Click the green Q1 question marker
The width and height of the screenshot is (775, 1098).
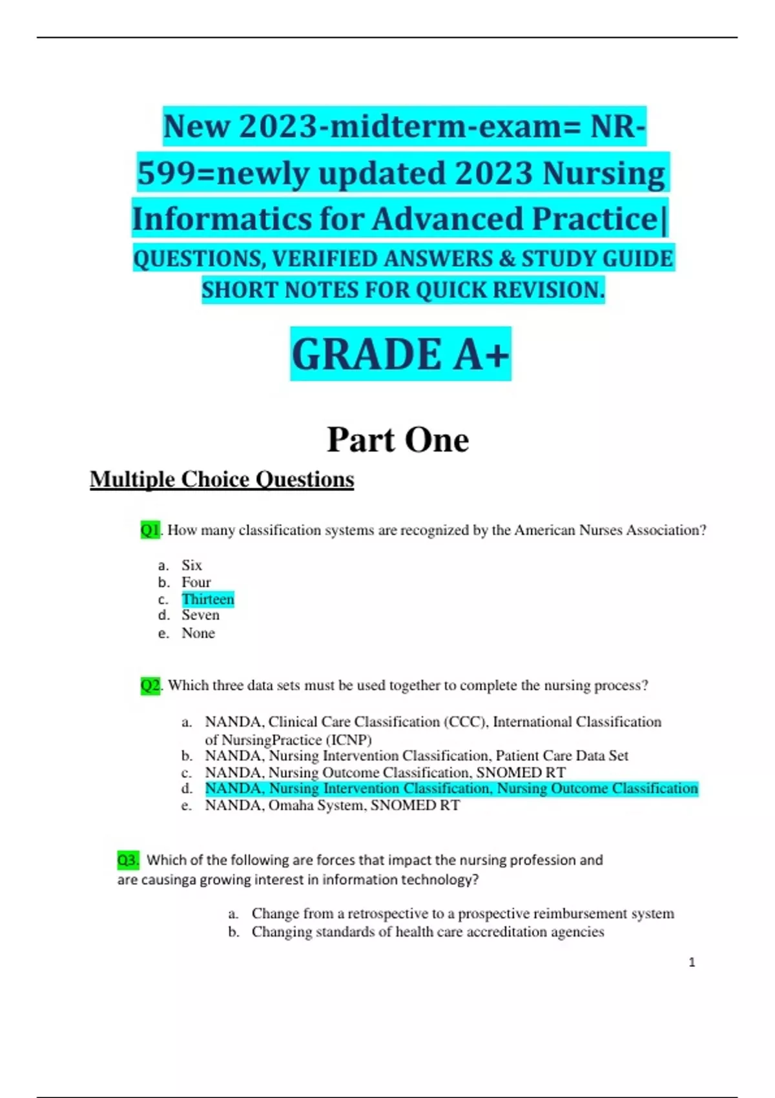(x=150, y=530)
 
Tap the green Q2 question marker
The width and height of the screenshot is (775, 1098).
(x=150, y=685)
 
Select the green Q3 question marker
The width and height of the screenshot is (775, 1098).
(x=128, y=860)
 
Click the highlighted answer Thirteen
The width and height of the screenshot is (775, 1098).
(x=208, y=599)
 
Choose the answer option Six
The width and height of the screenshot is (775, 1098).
(x=192, y=565)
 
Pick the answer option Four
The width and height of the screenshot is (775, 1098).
(x=196, y=582)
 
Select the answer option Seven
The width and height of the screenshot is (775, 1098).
(x=200, y=616)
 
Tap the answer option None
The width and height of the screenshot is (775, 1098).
(x=198, y=633)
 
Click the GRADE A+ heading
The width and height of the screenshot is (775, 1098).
(x=400, y=354)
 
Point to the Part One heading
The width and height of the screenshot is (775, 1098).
(x=398, y=440)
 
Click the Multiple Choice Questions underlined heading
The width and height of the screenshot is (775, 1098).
(x=222, y=479)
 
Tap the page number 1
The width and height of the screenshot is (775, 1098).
(x=692, y=962)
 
